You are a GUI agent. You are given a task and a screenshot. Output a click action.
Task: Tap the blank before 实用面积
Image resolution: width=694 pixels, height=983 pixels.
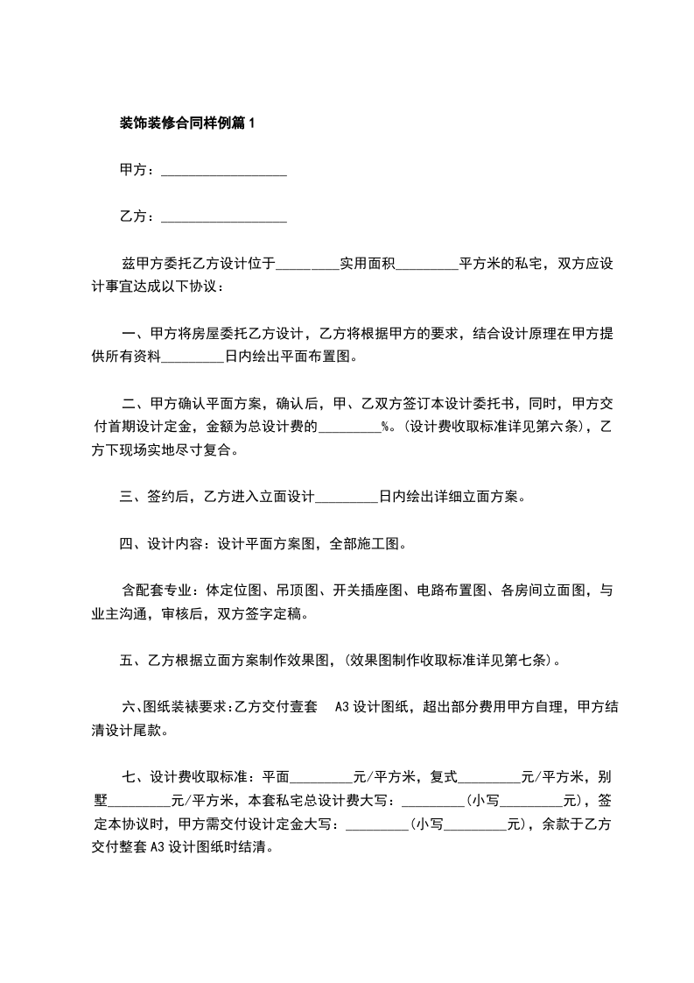(307, 263)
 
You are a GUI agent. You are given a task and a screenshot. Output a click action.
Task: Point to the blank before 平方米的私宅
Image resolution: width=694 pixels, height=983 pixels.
(427, 263)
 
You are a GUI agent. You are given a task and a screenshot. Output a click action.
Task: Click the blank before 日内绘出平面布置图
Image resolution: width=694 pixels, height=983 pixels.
(193, 356)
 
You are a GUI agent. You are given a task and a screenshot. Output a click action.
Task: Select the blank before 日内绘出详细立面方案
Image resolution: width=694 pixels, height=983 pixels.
(346, 497)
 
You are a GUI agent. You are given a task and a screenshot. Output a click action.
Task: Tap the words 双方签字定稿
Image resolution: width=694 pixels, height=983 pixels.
(268, 613)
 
